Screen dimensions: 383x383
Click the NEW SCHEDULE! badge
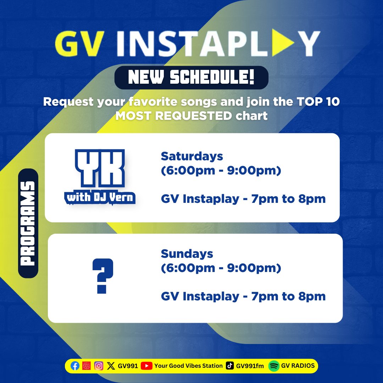[191, 78]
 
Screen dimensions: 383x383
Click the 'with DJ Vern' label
[100, 197]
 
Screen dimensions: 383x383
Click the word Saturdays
[192, 156]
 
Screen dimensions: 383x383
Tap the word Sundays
[187, 254]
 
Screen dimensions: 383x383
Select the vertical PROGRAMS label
[28, 223]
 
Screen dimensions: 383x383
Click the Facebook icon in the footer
[75, 366]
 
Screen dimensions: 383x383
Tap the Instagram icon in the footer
[99, 366]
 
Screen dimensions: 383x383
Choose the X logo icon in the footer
[111, 366]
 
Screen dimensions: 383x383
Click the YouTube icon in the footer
[146, 366]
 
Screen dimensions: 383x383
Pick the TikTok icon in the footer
[230, 366]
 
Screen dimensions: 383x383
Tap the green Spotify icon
[273, 366]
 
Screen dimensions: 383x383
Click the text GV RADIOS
[298, 366]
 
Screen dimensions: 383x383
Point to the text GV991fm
[250, 366]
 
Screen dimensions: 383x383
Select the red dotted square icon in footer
[87, 366]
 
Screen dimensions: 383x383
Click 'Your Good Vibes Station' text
[188, 366]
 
